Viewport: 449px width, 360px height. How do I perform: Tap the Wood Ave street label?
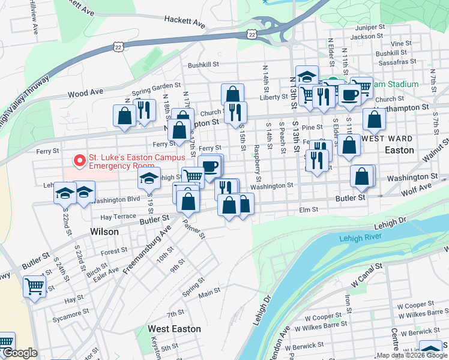point(85,93)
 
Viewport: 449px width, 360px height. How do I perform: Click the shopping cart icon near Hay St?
point(34,286)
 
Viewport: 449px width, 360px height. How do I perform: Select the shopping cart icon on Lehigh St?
point(193,176)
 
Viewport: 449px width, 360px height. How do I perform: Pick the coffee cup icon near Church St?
point(351,94)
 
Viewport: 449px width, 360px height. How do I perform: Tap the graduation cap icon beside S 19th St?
point(149,177)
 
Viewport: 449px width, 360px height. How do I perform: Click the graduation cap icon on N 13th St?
point(307,76)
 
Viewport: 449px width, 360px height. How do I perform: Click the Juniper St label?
point(370,28)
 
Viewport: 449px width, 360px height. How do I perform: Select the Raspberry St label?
point(256,163)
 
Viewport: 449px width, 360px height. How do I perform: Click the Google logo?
point(20,353)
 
